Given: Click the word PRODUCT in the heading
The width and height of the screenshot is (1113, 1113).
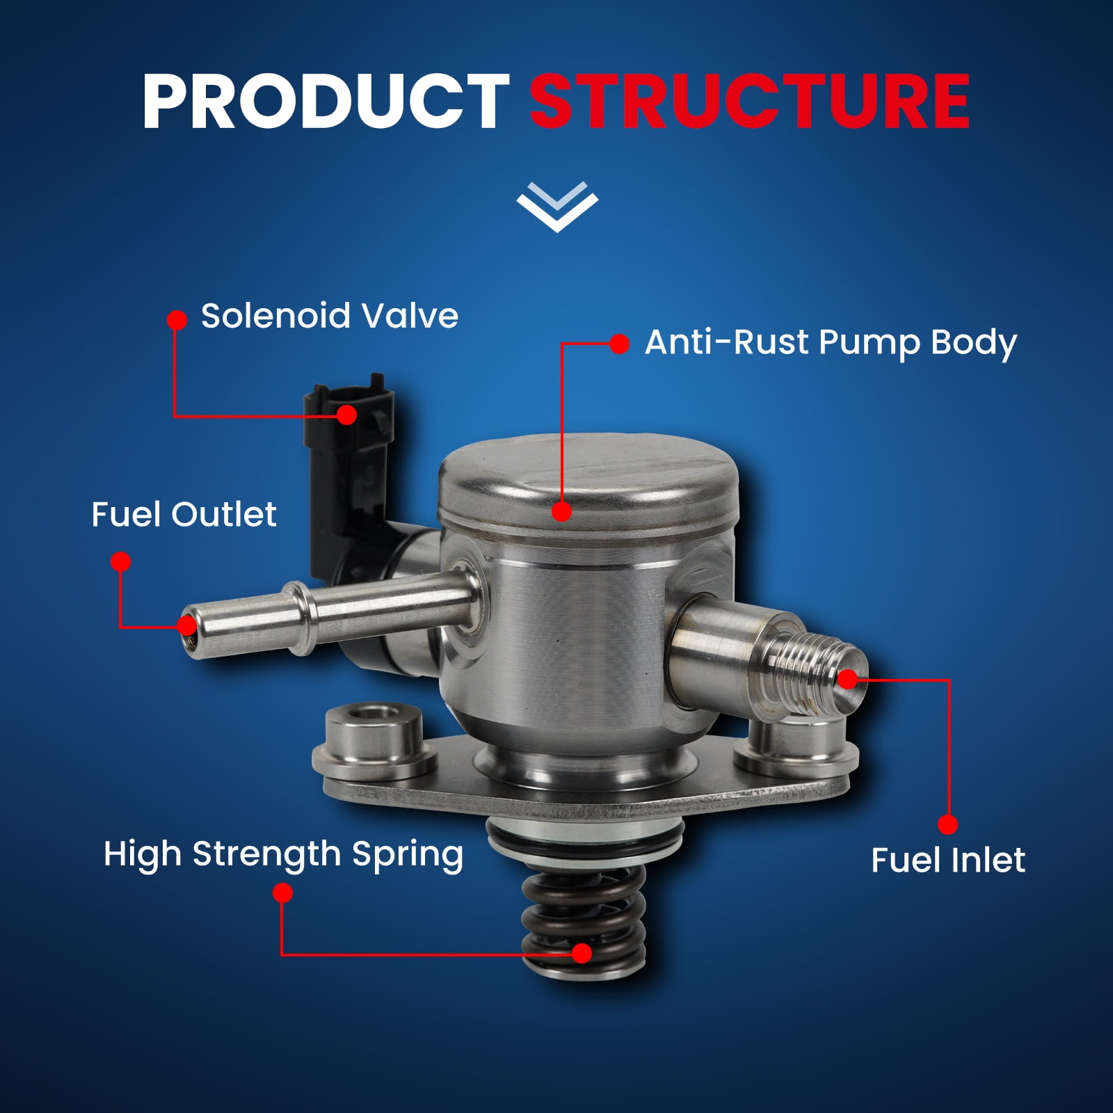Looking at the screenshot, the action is tap(326, 102).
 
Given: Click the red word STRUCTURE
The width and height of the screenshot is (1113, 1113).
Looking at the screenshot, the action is tap(750, 102).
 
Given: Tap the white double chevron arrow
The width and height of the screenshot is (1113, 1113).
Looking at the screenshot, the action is tap(557, 207).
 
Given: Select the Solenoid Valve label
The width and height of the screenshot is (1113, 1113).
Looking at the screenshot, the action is tap(330, 316).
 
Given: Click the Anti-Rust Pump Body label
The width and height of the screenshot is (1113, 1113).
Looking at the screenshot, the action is tap(831, 342).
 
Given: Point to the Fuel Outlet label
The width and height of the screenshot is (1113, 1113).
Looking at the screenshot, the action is tap(184, 515).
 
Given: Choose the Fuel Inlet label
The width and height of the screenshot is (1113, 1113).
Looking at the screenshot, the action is tap(948, 860).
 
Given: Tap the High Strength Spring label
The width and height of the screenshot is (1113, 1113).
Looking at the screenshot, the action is tap(283, 855).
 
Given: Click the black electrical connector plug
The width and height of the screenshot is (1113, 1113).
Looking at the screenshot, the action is tap(349, 473).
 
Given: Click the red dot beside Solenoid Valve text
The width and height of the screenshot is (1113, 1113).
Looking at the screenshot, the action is tap(177, 320).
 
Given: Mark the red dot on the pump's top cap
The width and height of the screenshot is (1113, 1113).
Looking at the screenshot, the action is tap(561, 511).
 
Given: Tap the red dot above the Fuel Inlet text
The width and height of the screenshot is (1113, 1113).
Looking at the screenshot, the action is tap(947, 825).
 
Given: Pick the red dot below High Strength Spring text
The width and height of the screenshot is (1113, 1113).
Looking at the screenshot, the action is tap(282, 893).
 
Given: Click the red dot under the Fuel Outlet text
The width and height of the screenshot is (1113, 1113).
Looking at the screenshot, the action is tap(121, 562).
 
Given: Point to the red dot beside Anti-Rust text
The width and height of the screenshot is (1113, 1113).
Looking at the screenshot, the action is tap(619, 344).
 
